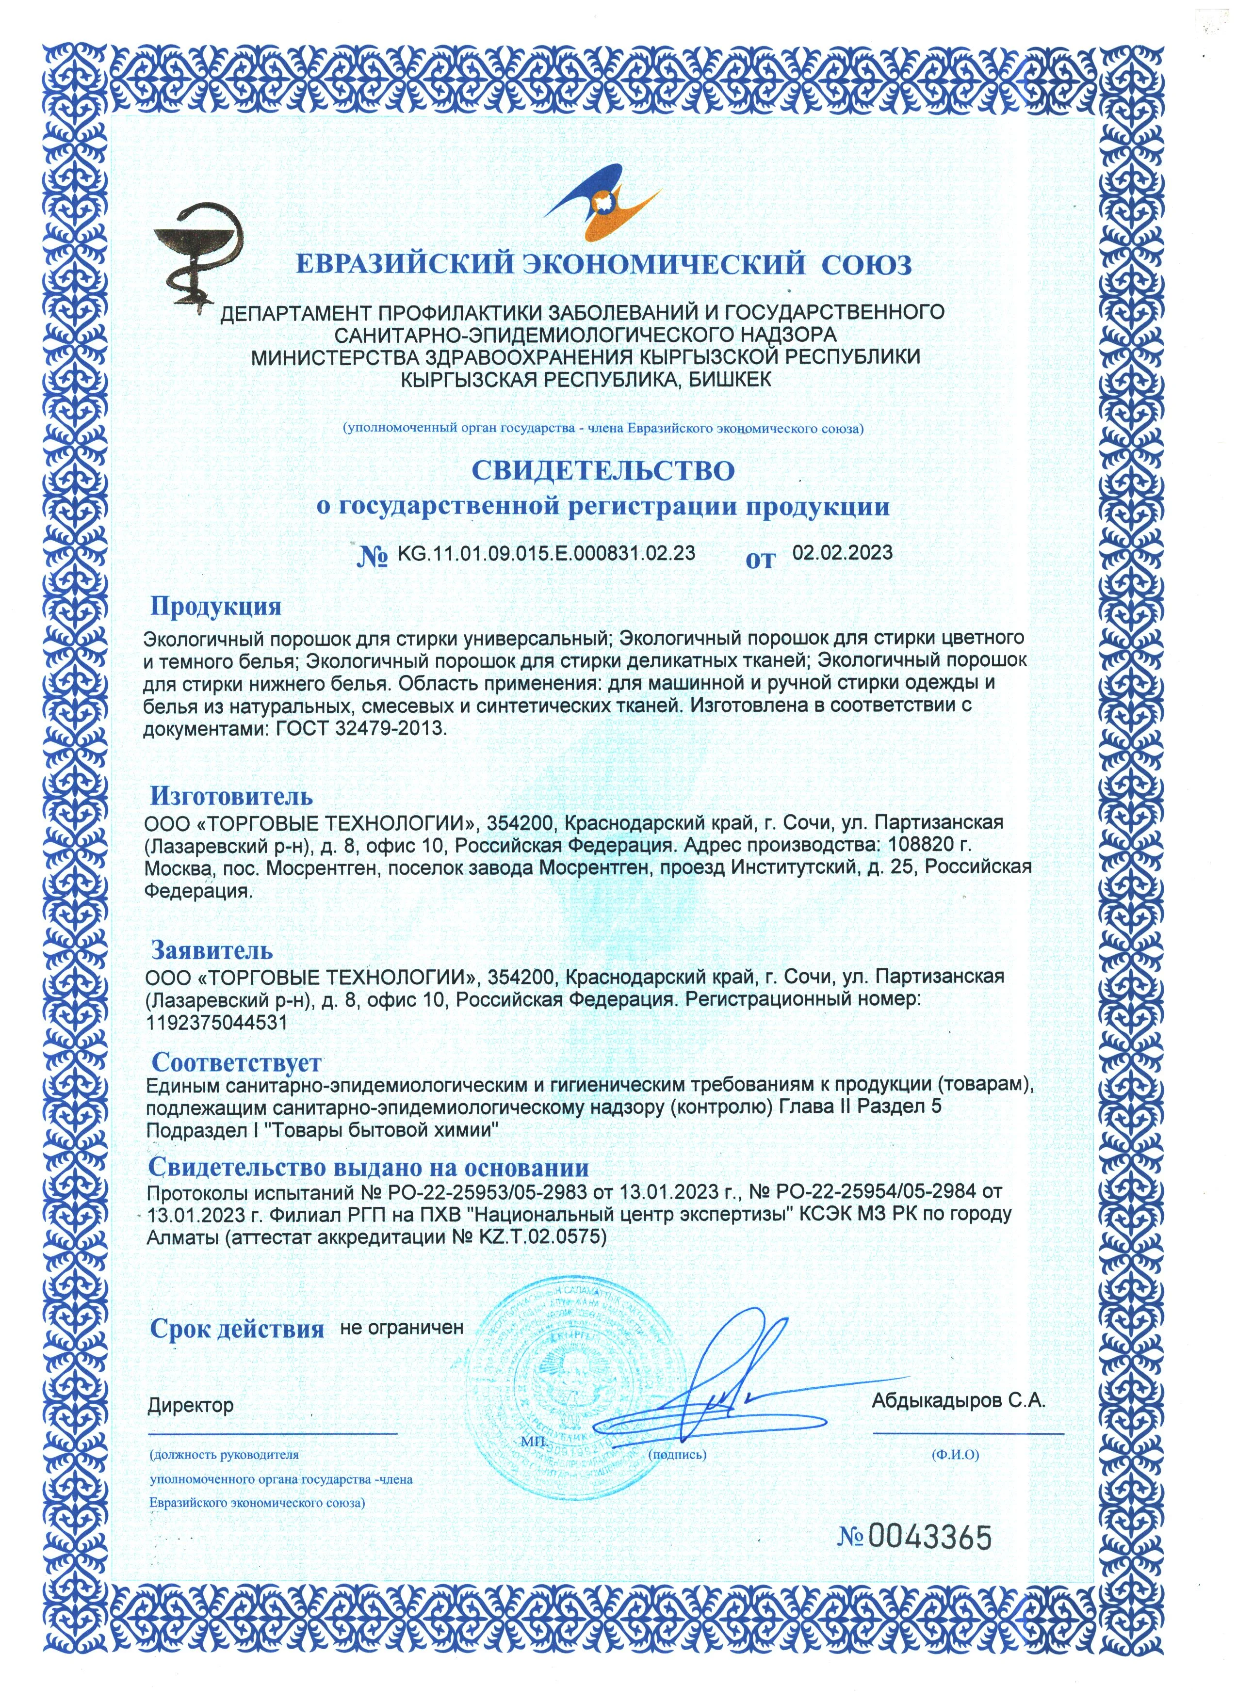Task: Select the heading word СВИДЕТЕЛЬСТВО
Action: [602, 470]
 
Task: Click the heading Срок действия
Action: [237, 1328]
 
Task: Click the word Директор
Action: [191, 1405]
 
